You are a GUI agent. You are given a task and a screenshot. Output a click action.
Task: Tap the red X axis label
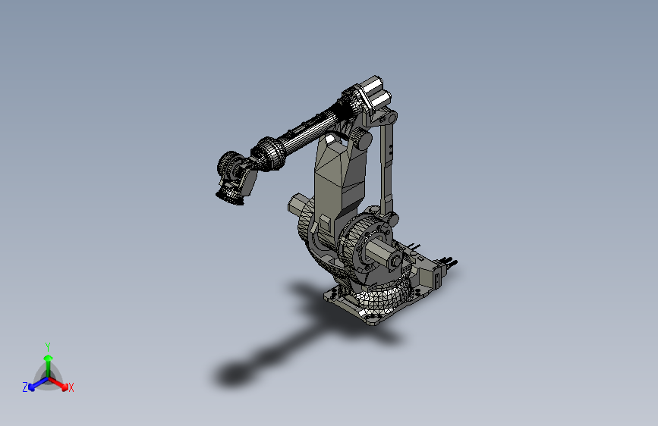point(71,388)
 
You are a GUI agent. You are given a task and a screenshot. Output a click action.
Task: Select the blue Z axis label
point(24,387)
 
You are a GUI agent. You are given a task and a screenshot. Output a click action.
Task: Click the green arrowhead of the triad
point(47,357)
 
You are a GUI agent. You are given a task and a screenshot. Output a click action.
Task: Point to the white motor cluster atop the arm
point(375,94)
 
